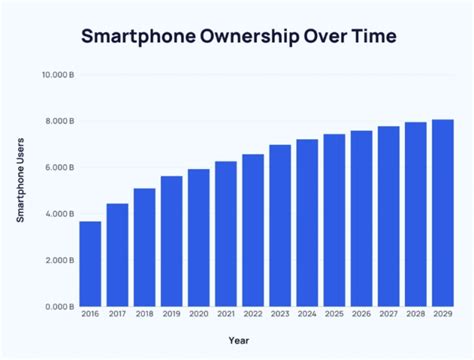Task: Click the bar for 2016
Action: coord(90,264)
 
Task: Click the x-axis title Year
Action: coord(266,341)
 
